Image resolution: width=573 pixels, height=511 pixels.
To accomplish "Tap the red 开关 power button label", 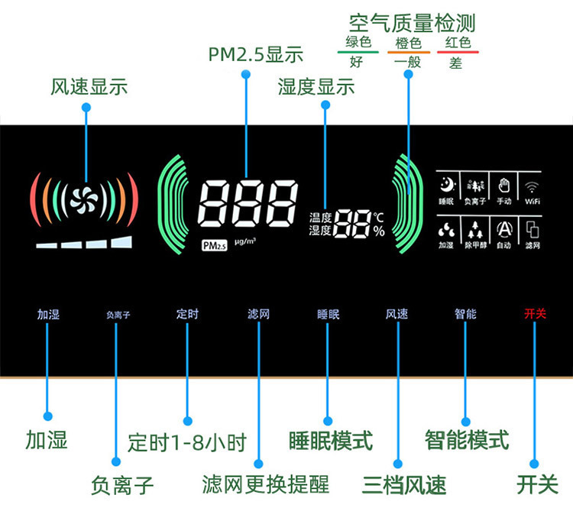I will tap(535, 314).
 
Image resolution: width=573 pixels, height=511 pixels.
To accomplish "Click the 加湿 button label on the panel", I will tap(47, 314).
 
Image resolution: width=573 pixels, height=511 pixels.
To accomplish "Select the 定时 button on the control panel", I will tap(187, 314).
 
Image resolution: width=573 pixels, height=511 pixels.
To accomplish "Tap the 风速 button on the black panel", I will tap(397, 314).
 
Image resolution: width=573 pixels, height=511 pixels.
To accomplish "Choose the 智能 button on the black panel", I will tap(465, 314).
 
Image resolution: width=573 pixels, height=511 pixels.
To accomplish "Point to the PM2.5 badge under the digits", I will tap(215, 245).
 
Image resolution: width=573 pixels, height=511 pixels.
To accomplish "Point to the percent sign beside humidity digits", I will tap(379, 230).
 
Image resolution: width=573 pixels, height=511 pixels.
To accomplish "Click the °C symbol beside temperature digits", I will tap(379, 217).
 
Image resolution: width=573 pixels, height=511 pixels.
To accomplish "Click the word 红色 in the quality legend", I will tap(458, 43).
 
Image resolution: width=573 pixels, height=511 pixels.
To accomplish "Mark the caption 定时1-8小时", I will tap(187, 443).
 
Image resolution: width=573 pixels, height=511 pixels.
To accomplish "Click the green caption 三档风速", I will tap(404, 484).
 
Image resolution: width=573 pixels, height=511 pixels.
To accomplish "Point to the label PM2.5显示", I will tap(256, 54).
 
